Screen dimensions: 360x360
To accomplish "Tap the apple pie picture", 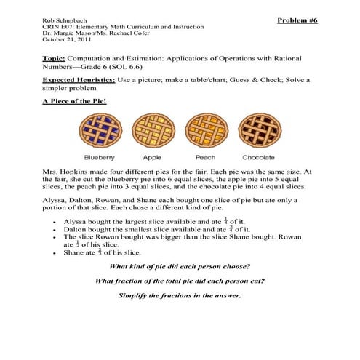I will tap(153, 130).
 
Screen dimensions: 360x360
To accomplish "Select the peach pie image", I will tap(205, 130).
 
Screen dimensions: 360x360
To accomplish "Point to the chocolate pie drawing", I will tap(257, 130).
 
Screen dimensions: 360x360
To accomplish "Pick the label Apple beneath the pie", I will tap(153, 157).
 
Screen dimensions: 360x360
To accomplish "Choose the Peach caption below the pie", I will tap(205, 157).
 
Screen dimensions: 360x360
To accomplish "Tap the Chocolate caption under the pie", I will tap(258, 157).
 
